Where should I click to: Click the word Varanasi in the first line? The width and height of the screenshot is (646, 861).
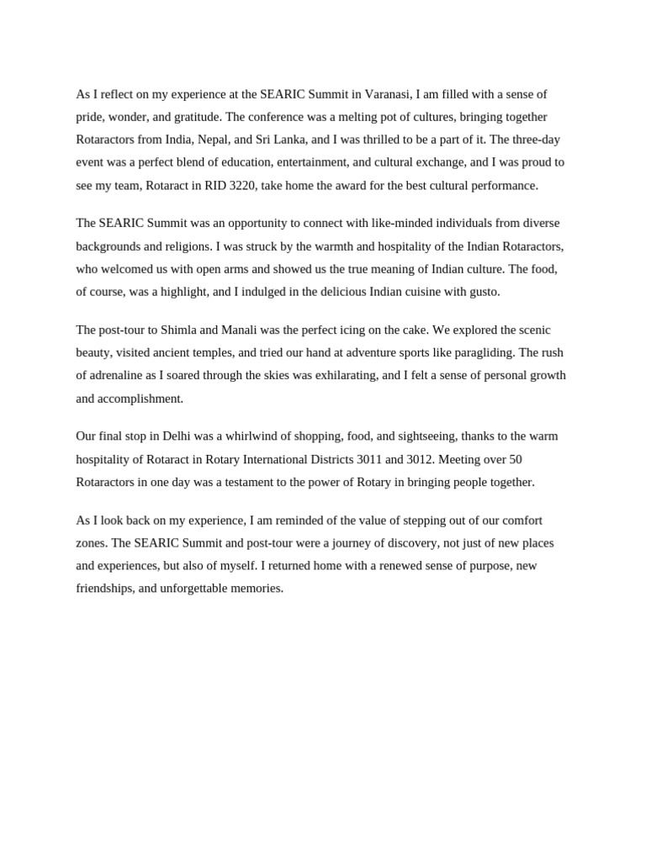(x=388, y=94)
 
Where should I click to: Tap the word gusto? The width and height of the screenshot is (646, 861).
(x=481, y=292)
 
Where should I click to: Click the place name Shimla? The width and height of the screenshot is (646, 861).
(x=190, y=330)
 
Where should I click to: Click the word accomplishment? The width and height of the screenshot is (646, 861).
(x=130, y=399)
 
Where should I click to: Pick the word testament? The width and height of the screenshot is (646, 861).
(x=321, y=482)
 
